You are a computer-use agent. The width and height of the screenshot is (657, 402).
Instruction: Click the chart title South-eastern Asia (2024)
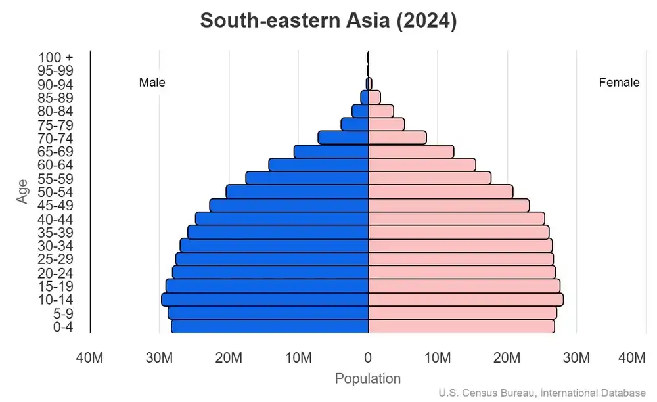coord(328,20)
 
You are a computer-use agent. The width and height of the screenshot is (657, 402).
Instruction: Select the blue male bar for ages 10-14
coord(265,300)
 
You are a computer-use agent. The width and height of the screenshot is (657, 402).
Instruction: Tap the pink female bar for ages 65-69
coord(411,152)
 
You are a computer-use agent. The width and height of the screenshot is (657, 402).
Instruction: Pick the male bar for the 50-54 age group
coord(297,192)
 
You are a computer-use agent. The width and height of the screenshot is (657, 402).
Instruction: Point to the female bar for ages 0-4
coord(461,326)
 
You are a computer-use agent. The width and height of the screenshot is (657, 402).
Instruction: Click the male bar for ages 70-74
coord(343,138)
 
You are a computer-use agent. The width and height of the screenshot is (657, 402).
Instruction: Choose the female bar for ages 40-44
coord(456,219)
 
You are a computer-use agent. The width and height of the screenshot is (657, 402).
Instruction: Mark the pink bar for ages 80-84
coord(380,111)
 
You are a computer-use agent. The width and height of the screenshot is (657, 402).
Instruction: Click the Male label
coord(152,83)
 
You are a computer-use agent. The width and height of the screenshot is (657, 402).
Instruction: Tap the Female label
coord(619,83)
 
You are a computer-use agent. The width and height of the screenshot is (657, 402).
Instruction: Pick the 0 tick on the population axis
coord(368,358)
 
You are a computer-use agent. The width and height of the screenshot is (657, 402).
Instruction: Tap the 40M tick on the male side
coord(89,358)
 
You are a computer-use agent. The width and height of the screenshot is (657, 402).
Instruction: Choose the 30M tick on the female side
coord(576,358)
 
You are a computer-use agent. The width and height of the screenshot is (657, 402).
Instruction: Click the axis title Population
coord(367,379)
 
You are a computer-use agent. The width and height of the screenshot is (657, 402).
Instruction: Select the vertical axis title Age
coord(23,192)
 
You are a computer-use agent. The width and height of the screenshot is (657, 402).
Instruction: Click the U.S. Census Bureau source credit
coord(542,393)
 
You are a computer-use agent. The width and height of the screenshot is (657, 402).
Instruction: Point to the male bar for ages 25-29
coord(271,259)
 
